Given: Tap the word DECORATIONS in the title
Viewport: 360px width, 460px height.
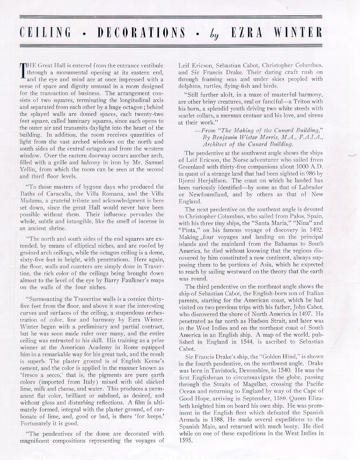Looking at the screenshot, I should coord(141,33).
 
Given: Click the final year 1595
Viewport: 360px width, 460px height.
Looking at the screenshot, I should coord(186,441).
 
